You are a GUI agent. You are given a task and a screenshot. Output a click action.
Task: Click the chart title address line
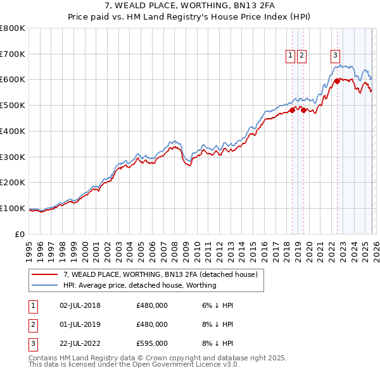pos(189,6)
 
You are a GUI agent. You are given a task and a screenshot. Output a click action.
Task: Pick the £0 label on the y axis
pos(20,234)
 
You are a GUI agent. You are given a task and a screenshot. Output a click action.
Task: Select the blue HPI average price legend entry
pos(139,285)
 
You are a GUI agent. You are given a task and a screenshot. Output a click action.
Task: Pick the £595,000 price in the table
pos(152,343)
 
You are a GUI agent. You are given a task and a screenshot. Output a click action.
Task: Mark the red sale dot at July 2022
pos(337,80)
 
